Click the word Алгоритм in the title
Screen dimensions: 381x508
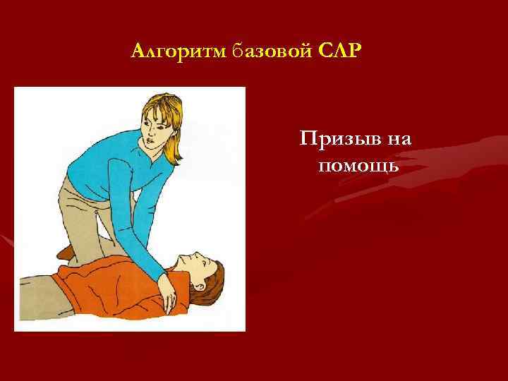[x=177, y=52]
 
